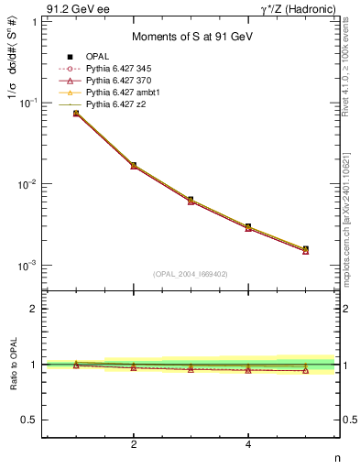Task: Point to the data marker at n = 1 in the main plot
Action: (77, 113)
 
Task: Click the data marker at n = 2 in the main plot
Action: (134, 166)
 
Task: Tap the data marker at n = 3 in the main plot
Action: (191, 200)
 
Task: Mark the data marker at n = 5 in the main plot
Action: (305, 249)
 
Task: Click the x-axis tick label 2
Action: (134, 445)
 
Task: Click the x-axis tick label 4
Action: (248, 445)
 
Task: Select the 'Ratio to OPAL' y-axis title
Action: (12, 365)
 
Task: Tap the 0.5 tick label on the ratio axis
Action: (29, 420)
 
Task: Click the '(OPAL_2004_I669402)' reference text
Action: (191, 273)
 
